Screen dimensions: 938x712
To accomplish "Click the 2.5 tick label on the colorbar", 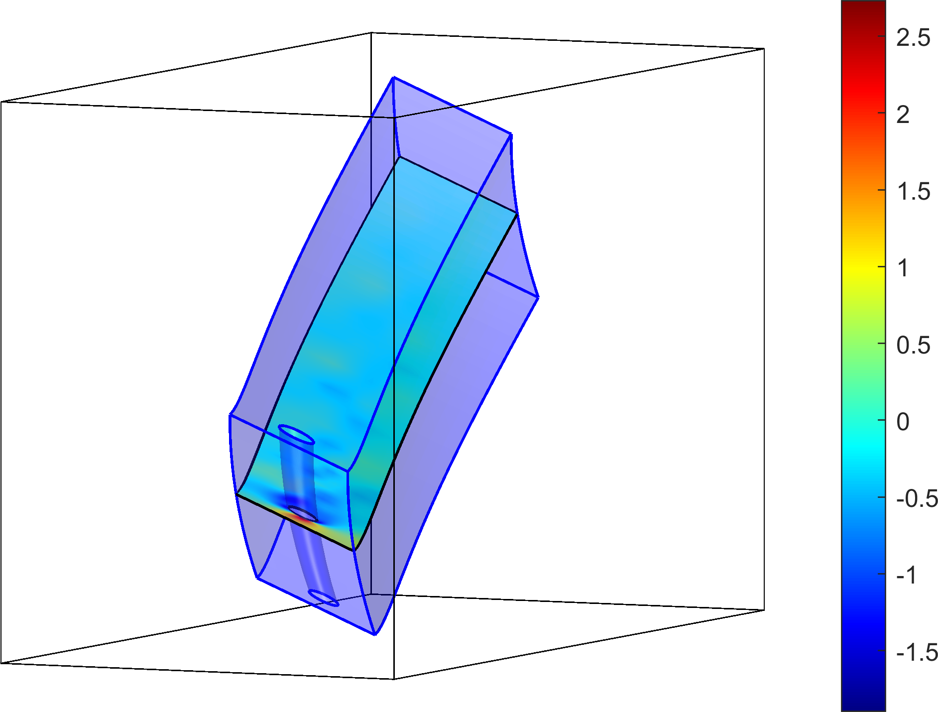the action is coord(913,38).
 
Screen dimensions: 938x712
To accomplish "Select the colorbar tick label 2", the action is coord(903,115).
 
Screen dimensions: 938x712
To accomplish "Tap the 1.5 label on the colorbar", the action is coord(913,192).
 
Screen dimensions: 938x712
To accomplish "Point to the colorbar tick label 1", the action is coord(903,268).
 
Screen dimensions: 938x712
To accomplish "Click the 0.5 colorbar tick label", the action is coord(913,345).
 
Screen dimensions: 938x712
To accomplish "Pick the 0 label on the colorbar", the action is coord(903,422).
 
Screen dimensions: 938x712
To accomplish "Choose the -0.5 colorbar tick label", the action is coord(917,498).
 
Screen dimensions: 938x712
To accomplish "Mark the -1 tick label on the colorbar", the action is coord(907,575).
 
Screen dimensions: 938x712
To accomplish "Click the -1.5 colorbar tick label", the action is coord(917,652).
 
